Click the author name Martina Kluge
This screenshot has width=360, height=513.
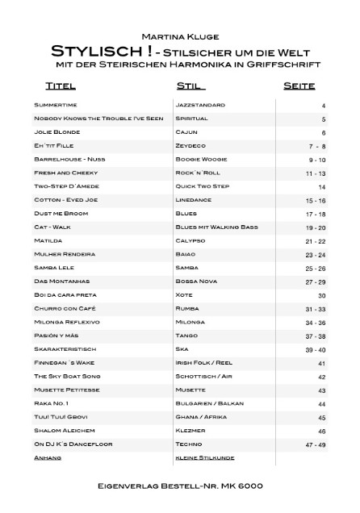point(180,35)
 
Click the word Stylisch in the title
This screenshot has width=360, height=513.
point(86,50)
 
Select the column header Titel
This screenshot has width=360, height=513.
point(61,85)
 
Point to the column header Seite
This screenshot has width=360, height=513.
point(299,85)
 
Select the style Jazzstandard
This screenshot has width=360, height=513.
point(200,105)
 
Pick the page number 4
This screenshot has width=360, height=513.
point(323,106)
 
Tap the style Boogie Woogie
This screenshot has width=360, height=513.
point(203,160)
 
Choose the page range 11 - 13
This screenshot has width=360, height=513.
point(316,173)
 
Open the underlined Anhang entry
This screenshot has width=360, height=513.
point(48,458)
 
